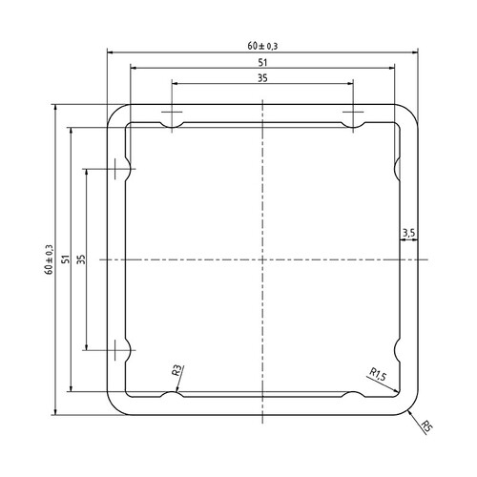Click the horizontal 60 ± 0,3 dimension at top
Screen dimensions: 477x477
pyautogui.click(x=262, y=44)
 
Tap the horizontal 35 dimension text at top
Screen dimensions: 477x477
pyautogui.click(x=262, y=78)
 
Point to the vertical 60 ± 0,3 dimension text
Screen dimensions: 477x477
pyautogui.click(x=49, y=259)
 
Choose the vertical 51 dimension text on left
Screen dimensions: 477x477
pyautogui.click(x=65, y=259)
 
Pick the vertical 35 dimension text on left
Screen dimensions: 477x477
pyautogui.click(x=81, y=259)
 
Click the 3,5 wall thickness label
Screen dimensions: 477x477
pyautogui.click(x=408, y=232)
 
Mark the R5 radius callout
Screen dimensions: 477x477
pyautogui.click(x=425, y=425)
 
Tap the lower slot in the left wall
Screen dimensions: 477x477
pyautogui.click(x=121, y=348)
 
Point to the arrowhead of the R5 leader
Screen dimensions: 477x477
pyautogui.click(x=408, y=408)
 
